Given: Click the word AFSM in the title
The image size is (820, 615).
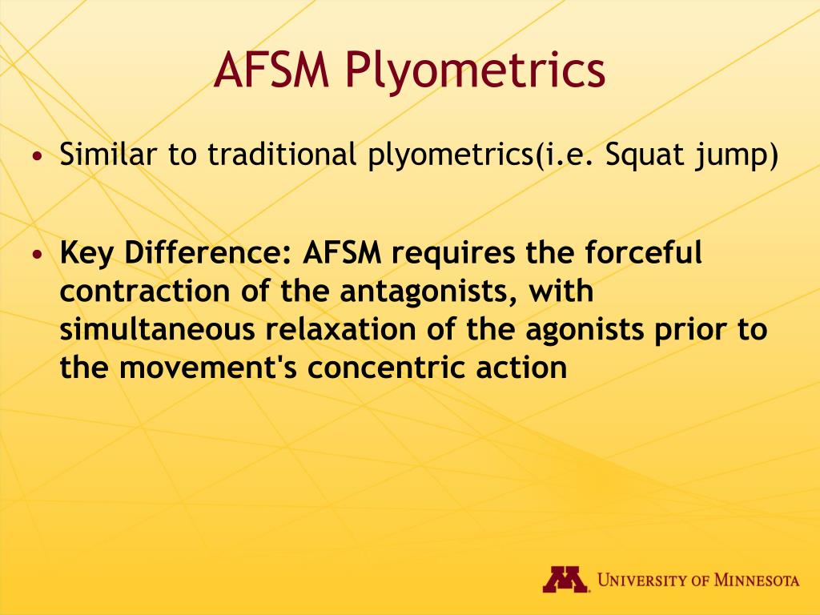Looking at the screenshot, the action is pyautogui.click(x=271, y=70).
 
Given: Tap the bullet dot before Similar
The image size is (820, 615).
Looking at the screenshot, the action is pyautogui.click(x=36, y=155).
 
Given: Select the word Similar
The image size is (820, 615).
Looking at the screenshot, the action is pyautogui.click(x=108, y=154).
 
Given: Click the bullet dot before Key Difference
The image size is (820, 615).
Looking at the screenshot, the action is pyautogui.click(x=36, y=254).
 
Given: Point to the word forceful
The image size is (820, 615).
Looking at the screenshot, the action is pyautogui.click(x=643, y=252).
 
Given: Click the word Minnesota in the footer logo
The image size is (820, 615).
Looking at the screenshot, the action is pyautogui.click(x=757, y=580).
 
